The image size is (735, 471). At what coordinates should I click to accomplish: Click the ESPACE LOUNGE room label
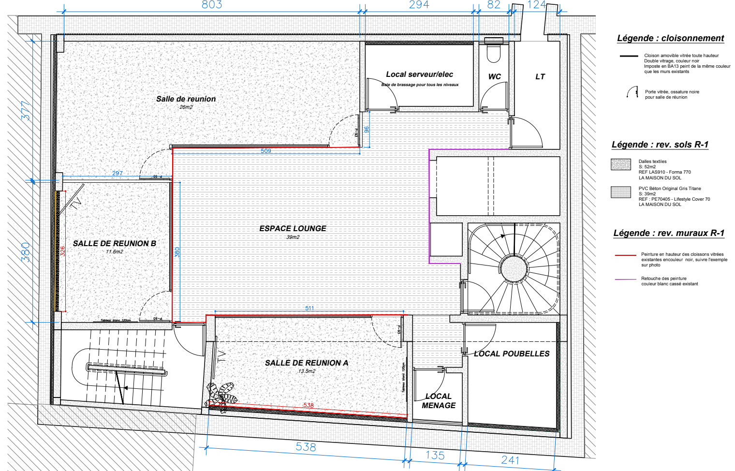pos(293,229)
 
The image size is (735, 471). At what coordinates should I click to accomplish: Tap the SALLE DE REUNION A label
pos(306,363)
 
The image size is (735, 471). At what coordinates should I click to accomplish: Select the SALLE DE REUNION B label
pos(115,243)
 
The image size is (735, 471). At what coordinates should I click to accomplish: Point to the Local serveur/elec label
pos(419,74)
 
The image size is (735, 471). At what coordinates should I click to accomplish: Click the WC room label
pos(494,76)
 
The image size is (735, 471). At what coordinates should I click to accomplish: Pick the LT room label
pos(540,76)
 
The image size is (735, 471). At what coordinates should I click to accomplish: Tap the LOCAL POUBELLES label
pos(512,353)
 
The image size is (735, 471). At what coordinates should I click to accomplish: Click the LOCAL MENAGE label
pos(438,401)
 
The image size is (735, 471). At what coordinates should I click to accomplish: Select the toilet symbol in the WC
pos(493,53)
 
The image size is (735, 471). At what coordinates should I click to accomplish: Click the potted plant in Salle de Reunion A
pos(221,397)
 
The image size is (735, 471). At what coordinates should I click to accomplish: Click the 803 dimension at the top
pos(212,5)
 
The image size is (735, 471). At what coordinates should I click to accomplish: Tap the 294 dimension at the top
pos(419,5)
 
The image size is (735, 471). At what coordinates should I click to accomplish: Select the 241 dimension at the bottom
pos(510,460)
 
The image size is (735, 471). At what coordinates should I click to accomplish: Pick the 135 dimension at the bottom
pos(435,455)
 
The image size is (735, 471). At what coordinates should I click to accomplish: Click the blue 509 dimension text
pos(266,151)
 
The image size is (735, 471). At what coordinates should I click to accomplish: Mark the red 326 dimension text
pos(62,251)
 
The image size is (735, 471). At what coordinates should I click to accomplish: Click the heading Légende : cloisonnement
pos(670,38)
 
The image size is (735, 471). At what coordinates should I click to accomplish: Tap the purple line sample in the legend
pos(625,280)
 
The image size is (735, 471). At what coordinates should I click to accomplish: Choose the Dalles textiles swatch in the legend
pos(621,164)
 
